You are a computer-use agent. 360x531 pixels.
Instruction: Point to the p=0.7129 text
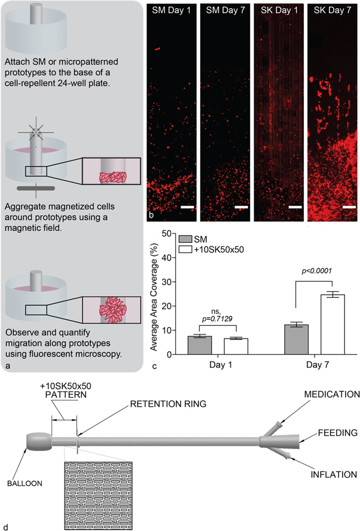point(223,319)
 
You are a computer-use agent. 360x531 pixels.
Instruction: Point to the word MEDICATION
point(331,395)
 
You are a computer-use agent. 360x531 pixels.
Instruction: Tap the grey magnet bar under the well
point(38,189)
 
